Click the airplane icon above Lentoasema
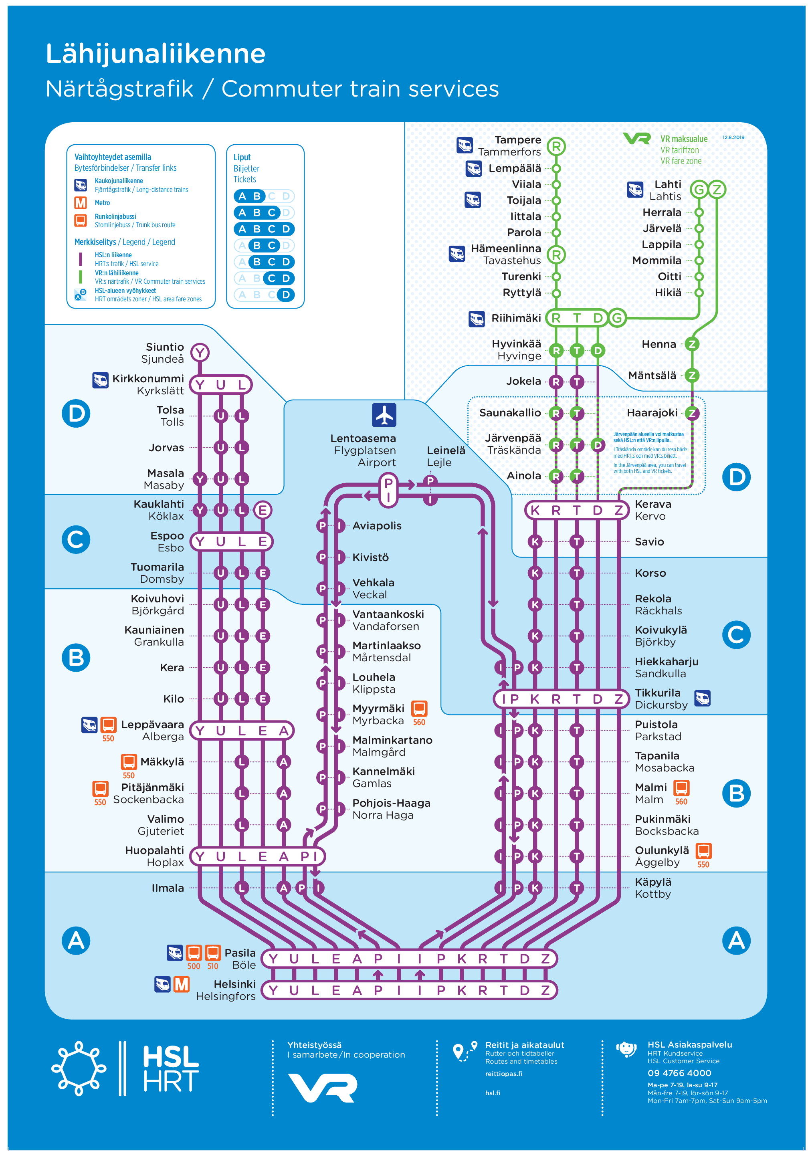tap(384, 415)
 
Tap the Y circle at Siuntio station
tap(200, 353)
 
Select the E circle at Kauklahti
tap(263, 510)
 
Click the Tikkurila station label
tap(657, 693)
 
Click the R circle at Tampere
tap(556, 147)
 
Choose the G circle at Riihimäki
tap(617, 318)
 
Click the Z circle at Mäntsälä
tap(692, 375)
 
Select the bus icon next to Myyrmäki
tap(419, 709)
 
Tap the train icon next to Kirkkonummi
tap(101, 380)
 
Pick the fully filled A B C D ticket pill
tap(264, 229)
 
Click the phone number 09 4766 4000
tap(679, 1073)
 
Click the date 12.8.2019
tap(733, 137)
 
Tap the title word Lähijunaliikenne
tap(156, 54)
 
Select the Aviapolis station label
tap(377, 526)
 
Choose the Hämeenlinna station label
tap(506, 248)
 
